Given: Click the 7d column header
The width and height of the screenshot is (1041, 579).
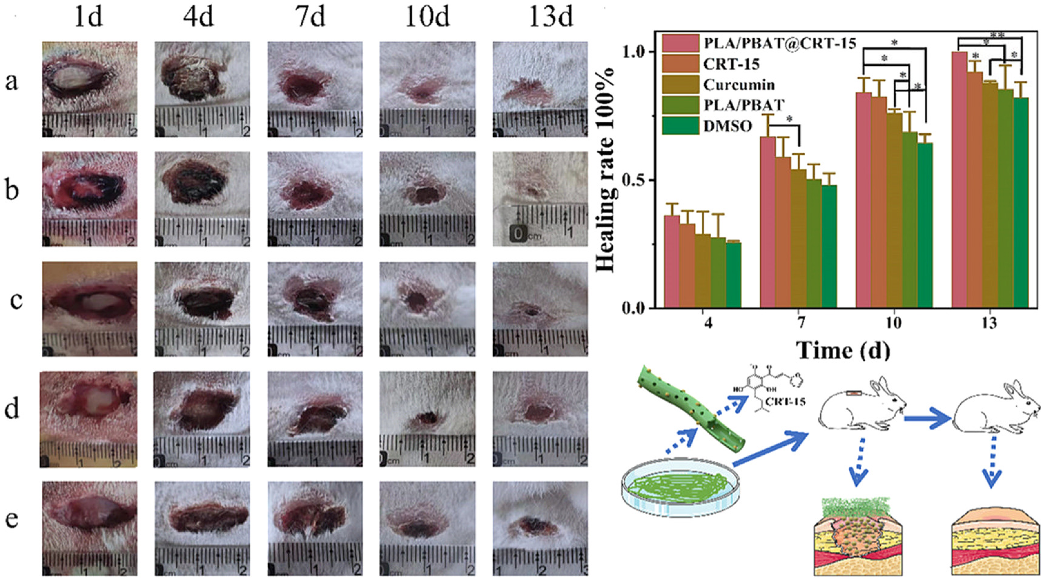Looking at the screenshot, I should (x=310, y=16).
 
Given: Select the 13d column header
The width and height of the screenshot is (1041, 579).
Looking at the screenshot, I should (x=550, y=16).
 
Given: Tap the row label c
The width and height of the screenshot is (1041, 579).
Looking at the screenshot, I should (x=16, y=299).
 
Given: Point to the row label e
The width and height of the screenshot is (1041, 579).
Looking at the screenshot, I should (x=12, y=518).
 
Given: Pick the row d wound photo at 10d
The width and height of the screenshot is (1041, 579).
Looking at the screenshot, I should (x=427, y=419).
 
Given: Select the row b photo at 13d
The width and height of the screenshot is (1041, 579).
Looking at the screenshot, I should (x=540, y=199).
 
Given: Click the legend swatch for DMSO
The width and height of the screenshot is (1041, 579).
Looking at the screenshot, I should (x=680, y=125).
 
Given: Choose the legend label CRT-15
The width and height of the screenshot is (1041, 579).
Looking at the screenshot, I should (x=731, y=64).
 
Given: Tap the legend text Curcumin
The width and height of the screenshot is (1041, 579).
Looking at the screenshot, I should (x=738, y=84).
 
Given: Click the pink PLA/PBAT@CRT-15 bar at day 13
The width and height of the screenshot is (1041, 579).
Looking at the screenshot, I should (x=959, y=180).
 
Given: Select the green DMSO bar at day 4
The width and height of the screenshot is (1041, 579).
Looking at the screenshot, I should (x=733, y=275).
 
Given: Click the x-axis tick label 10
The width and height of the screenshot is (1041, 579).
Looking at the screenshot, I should (x=893, y=322).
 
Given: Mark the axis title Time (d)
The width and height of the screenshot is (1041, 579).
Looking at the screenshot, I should (x=842, y=350).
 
